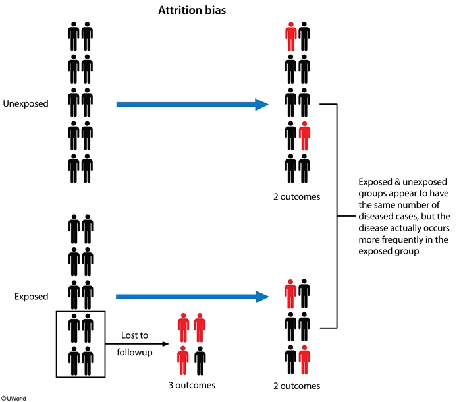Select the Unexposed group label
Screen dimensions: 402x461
click(26, 104)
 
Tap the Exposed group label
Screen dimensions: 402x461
click(31, 297)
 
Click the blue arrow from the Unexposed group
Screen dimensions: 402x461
click(191, 104)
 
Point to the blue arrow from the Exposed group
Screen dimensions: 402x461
click(191, 297)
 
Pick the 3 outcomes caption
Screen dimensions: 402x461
click(191, 385)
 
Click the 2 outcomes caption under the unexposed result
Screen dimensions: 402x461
click(297, 196)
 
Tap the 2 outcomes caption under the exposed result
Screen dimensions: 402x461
click(297, 386)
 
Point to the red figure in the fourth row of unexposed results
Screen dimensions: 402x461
click(304, 136)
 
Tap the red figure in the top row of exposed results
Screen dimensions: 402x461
click(290, 295)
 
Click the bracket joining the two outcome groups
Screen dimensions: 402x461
click(338, 215)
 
